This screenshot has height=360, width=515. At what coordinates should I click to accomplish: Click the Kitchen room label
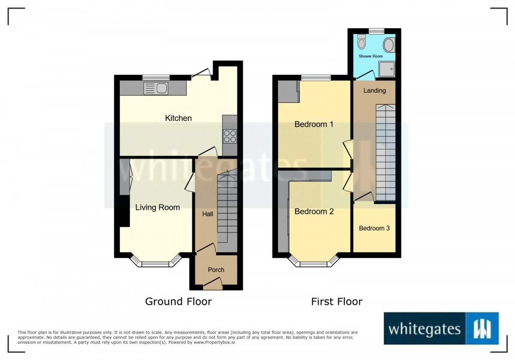[178, 118]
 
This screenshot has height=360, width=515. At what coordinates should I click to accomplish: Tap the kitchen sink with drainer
[156, 88]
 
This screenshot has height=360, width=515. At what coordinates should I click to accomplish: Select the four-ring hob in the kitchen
[230, 136]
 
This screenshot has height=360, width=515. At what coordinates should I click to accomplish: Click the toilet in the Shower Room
[362, 42]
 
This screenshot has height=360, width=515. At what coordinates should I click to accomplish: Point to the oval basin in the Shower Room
[389, 45]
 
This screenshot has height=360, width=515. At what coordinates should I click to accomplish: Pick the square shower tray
[387, 69]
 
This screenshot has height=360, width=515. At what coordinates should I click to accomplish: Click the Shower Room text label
[371, 56]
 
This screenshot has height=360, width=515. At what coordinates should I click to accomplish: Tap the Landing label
[375, 91]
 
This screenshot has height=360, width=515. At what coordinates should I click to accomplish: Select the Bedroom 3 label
[374, 228]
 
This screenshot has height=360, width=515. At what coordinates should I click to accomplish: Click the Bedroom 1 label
[314, 124]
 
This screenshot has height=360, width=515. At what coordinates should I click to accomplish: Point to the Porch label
[216, 270]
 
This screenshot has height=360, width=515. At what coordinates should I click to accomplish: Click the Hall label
[208, 214]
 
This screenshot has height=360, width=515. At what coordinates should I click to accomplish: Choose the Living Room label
[158, 207]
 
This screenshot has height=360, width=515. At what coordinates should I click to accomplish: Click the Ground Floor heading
[179, 302]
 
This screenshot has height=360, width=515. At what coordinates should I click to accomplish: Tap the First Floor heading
[337, 302]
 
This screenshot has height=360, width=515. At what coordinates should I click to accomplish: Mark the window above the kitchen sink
[156, 78]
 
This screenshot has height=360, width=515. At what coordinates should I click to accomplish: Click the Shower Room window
[377, 31]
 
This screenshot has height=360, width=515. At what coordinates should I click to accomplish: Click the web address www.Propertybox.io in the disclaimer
[214, 342]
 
